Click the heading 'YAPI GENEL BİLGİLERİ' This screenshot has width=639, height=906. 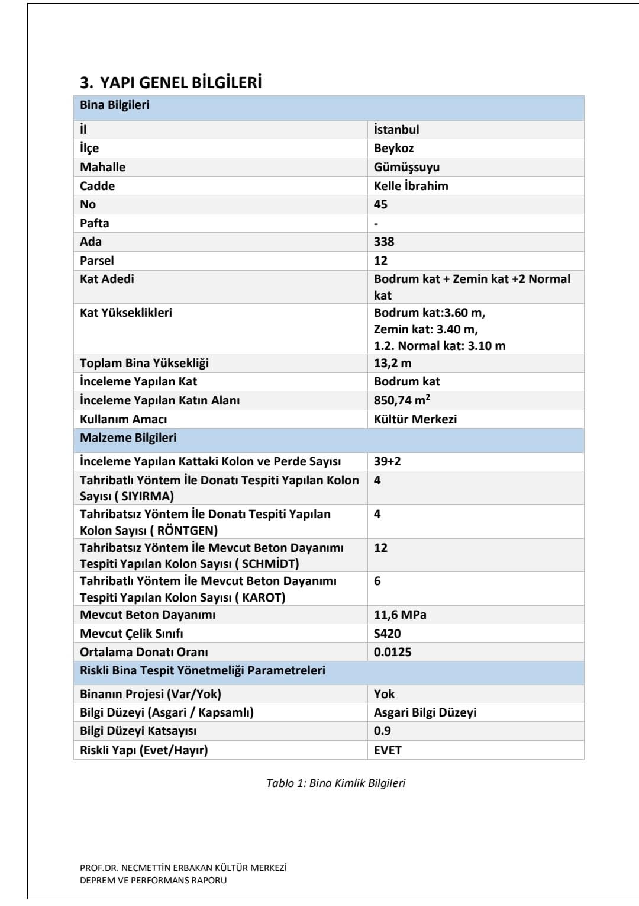180,82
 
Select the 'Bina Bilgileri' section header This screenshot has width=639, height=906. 115,105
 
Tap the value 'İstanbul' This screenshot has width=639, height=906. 396,130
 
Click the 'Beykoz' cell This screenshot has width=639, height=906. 393,148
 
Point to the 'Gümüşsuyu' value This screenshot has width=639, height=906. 406,167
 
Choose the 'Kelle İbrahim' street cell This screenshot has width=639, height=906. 411,186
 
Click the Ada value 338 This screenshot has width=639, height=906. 384,242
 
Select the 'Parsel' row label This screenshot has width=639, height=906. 97,261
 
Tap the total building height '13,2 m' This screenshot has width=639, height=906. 392,363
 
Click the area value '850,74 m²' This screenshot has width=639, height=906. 402,400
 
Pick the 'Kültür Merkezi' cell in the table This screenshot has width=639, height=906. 415,419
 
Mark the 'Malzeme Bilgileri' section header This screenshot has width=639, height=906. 128,438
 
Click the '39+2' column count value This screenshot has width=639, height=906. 387,461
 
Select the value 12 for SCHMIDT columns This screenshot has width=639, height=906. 380,548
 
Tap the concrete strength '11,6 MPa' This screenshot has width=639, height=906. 400,615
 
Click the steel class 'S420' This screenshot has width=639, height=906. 387,634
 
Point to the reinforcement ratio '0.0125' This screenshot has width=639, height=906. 392,652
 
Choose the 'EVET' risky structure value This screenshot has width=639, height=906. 388,750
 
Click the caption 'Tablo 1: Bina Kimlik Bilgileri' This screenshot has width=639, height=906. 335,783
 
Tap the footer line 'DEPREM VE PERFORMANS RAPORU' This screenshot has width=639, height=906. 153,881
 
